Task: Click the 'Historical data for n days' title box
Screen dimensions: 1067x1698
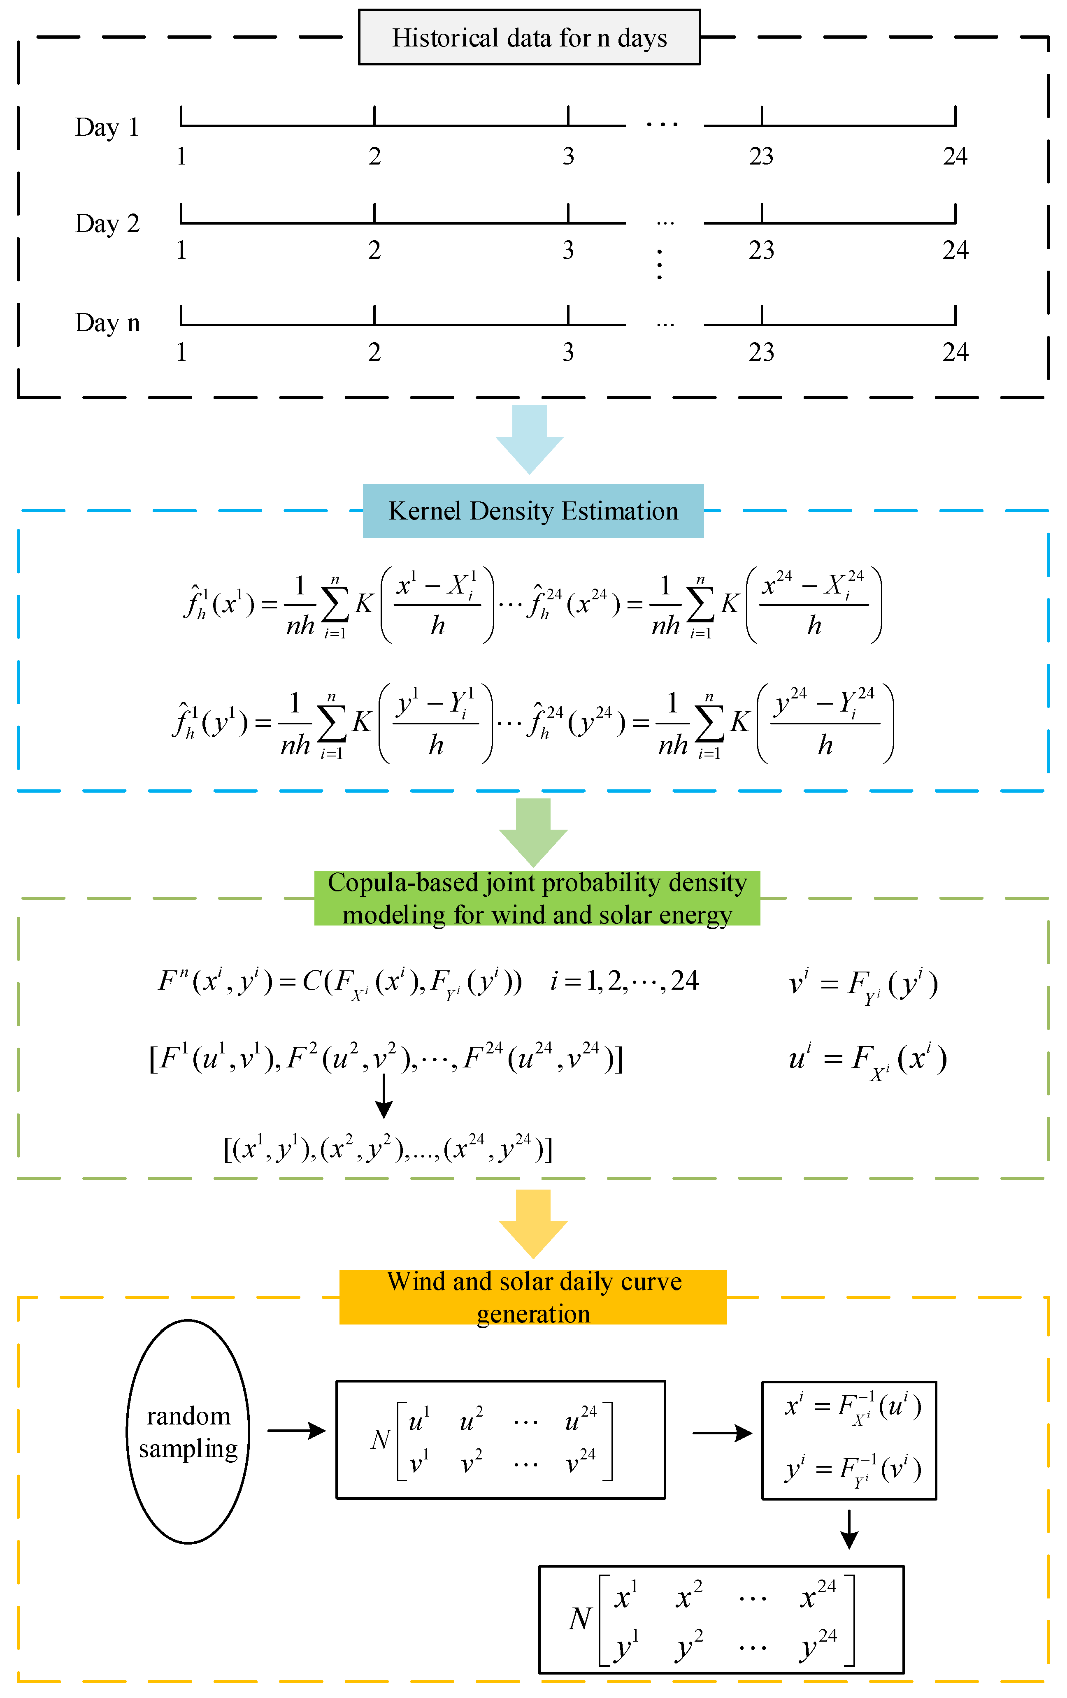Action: coord(529,37)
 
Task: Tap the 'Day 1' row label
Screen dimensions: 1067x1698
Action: coord(107,128)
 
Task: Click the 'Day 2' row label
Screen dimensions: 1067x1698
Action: coord(107,223)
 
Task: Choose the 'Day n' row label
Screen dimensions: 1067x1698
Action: coord(107,323)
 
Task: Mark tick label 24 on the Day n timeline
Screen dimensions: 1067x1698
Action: coord(955,352)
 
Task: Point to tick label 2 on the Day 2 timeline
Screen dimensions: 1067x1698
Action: coord(374,251)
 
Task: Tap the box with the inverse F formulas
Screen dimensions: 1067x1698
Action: coord(848,1440)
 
